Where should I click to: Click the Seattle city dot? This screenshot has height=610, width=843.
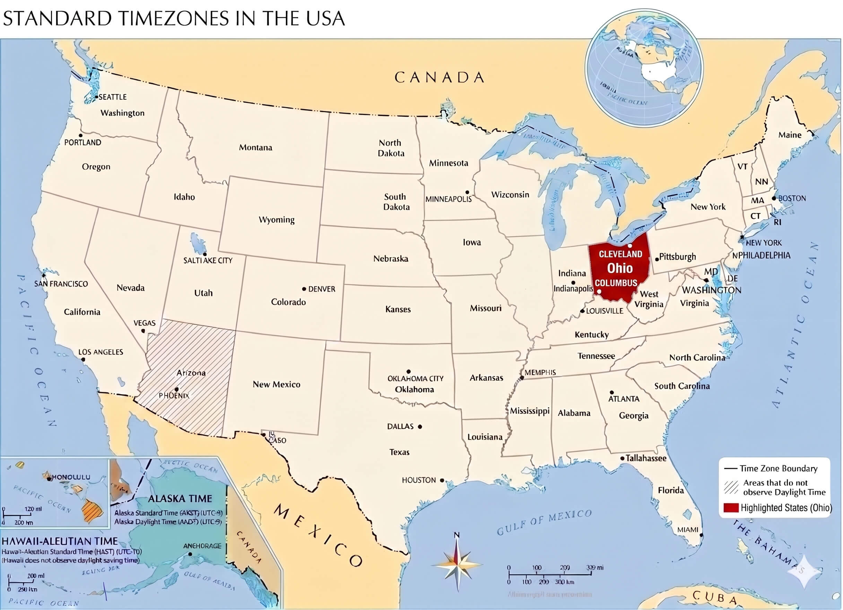tap(96, 97)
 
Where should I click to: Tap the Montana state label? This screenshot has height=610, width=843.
tap(255, 147)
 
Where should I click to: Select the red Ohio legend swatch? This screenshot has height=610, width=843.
tap(730, 508)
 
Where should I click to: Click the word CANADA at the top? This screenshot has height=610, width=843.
tap(439, 77)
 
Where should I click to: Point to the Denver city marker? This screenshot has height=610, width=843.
tap(304, 289)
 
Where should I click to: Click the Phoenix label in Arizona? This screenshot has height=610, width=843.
tap(174, 396)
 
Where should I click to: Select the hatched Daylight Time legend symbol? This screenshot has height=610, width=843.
tap(731, 487)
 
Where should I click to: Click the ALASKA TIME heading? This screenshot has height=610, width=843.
tap(180, 498)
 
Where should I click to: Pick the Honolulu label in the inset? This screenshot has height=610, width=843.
tap(71, 477)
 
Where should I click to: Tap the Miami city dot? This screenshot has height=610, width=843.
tap(701, 535)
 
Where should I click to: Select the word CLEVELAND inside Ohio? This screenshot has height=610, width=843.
tap(620, 254)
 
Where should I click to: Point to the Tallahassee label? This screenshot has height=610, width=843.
tap(646, 458)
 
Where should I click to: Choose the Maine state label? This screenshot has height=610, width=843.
tap(790, 135)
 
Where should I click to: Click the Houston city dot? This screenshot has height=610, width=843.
tap(442, 481)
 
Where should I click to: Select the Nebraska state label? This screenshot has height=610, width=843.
tap(390, 259)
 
